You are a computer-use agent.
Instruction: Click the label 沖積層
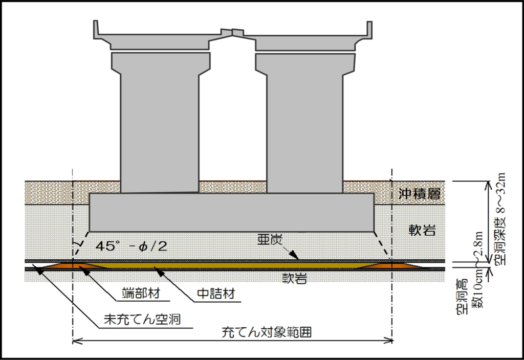click(x=420, y=194)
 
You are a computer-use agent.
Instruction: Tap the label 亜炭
click(x=270, y=239)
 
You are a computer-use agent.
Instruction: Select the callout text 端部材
click(x=141, y=293)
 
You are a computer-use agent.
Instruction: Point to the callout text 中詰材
click(x=216, y=294)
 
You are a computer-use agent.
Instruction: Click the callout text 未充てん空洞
click(x=142, y=319)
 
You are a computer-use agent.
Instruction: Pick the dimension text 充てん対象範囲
click(x=267, y=332)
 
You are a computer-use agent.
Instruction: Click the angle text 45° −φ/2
click(x=132, y=246)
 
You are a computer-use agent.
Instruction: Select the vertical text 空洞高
click(x=463, y=297)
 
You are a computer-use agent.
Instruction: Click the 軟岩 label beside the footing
click(x=422, y=230)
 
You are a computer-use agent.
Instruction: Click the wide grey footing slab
click(x=231, y=212)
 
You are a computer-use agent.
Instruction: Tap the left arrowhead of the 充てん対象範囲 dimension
click(x=77, y=341)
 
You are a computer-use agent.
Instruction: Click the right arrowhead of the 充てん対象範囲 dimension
click(x=388, y=341)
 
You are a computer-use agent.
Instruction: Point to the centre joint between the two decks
click(x=232, y=32)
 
